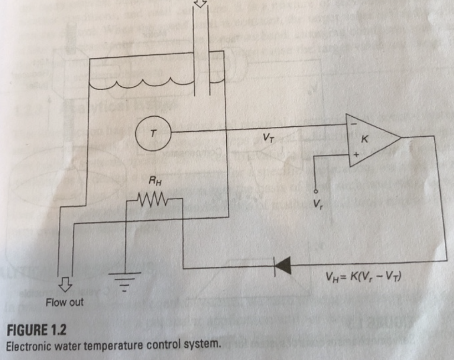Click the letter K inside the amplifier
(x=365, y=140)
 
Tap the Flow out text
(x=65, y=302)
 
